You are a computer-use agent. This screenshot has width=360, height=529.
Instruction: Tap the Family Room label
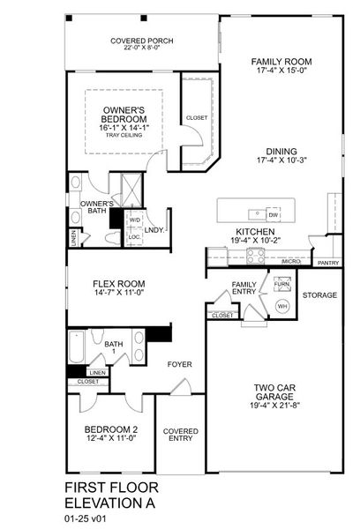click(281, 63)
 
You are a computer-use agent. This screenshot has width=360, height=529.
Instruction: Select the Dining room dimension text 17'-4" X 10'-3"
click(281, 162)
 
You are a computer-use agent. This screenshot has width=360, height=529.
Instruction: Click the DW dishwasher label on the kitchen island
click(274, 214)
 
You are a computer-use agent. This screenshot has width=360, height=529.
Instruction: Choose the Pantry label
click(328, 263)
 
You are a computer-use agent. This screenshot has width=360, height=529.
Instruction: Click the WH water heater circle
click(283, 306)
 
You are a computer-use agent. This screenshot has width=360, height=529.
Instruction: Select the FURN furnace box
click(281, 285)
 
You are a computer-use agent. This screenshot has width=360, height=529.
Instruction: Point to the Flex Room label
click(118, 284)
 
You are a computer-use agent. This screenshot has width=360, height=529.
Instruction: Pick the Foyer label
click(180, 364)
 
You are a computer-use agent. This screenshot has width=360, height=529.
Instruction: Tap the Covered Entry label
click(181, 435)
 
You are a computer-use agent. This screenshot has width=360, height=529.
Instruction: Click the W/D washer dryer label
click(135, 220)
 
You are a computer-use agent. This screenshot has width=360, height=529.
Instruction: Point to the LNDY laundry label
click(155, 230)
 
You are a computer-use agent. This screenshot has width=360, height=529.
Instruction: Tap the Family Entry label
click(244, 288)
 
